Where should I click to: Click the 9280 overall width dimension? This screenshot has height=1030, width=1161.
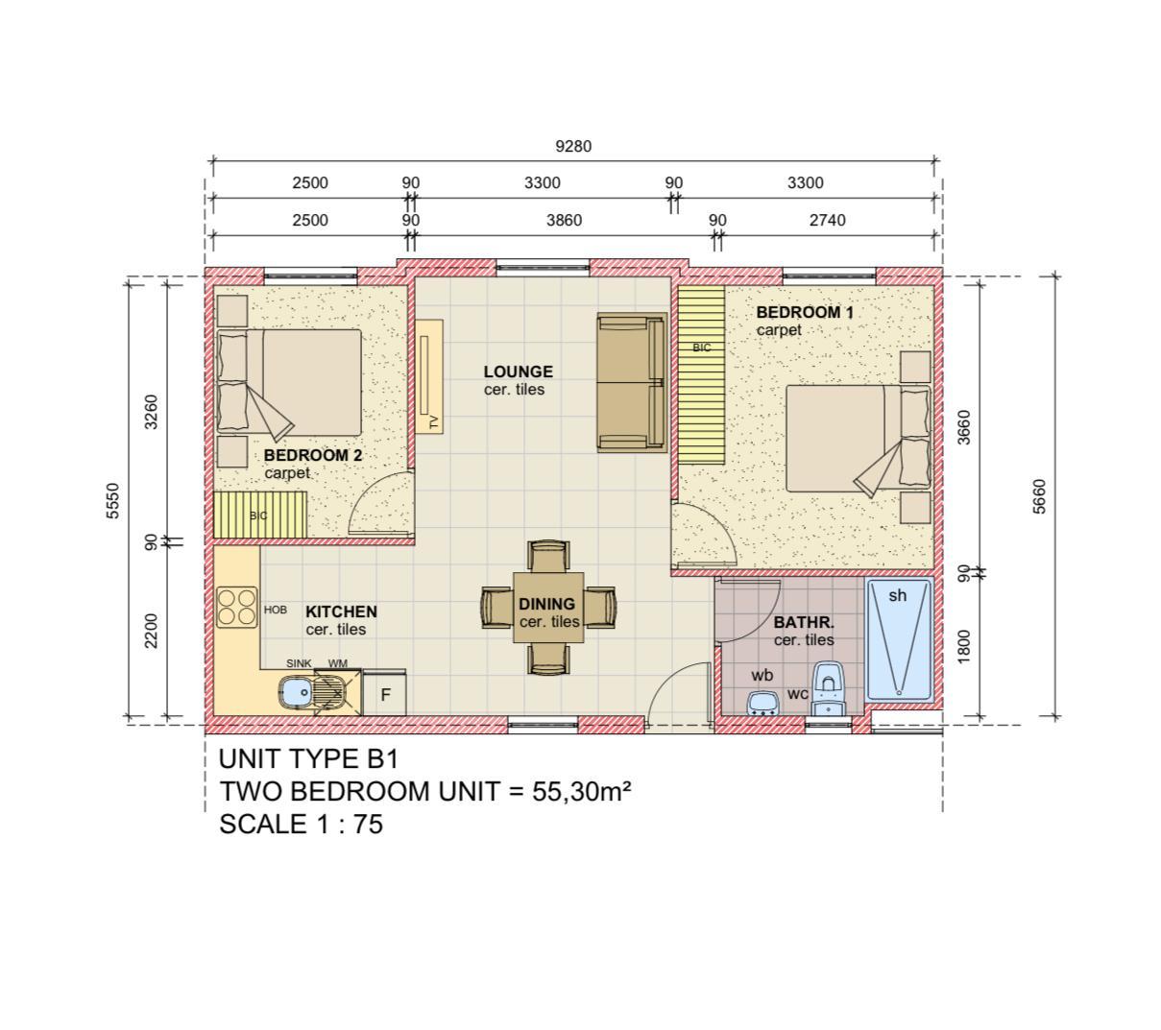point(573,146)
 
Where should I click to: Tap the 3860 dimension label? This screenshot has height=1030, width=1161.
point(564,220)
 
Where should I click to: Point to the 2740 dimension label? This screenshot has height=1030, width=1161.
point(827,220)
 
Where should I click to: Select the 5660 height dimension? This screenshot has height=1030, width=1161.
point(1039,496)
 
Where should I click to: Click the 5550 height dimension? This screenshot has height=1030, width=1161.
point(113,501)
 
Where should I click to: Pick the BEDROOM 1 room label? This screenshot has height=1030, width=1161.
point(805,312)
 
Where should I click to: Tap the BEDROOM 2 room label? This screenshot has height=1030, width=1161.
point(313,455)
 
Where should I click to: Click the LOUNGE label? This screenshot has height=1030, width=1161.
point(518,371)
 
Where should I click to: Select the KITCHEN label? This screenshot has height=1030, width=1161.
point(341,611)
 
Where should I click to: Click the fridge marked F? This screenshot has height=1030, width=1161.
point(385,693)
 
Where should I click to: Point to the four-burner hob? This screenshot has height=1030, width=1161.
point(237,608)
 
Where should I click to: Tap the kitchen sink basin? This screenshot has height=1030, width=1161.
point(295,693)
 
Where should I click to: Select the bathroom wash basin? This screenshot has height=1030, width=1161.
point(762,704)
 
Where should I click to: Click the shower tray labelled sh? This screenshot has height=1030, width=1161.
point(898,639)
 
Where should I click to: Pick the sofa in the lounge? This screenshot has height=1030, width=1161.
point(632,383)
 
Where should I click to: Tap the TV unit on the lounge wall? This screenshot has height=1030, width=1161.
point(429,375)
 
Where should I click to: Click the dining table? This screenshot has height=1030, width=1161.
point(548,608)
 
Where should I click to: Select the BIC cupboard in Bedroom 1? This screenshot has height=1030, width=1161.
point(701,375)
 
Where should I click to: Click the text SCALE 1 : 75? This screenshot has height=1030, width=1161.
point(301,825)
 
